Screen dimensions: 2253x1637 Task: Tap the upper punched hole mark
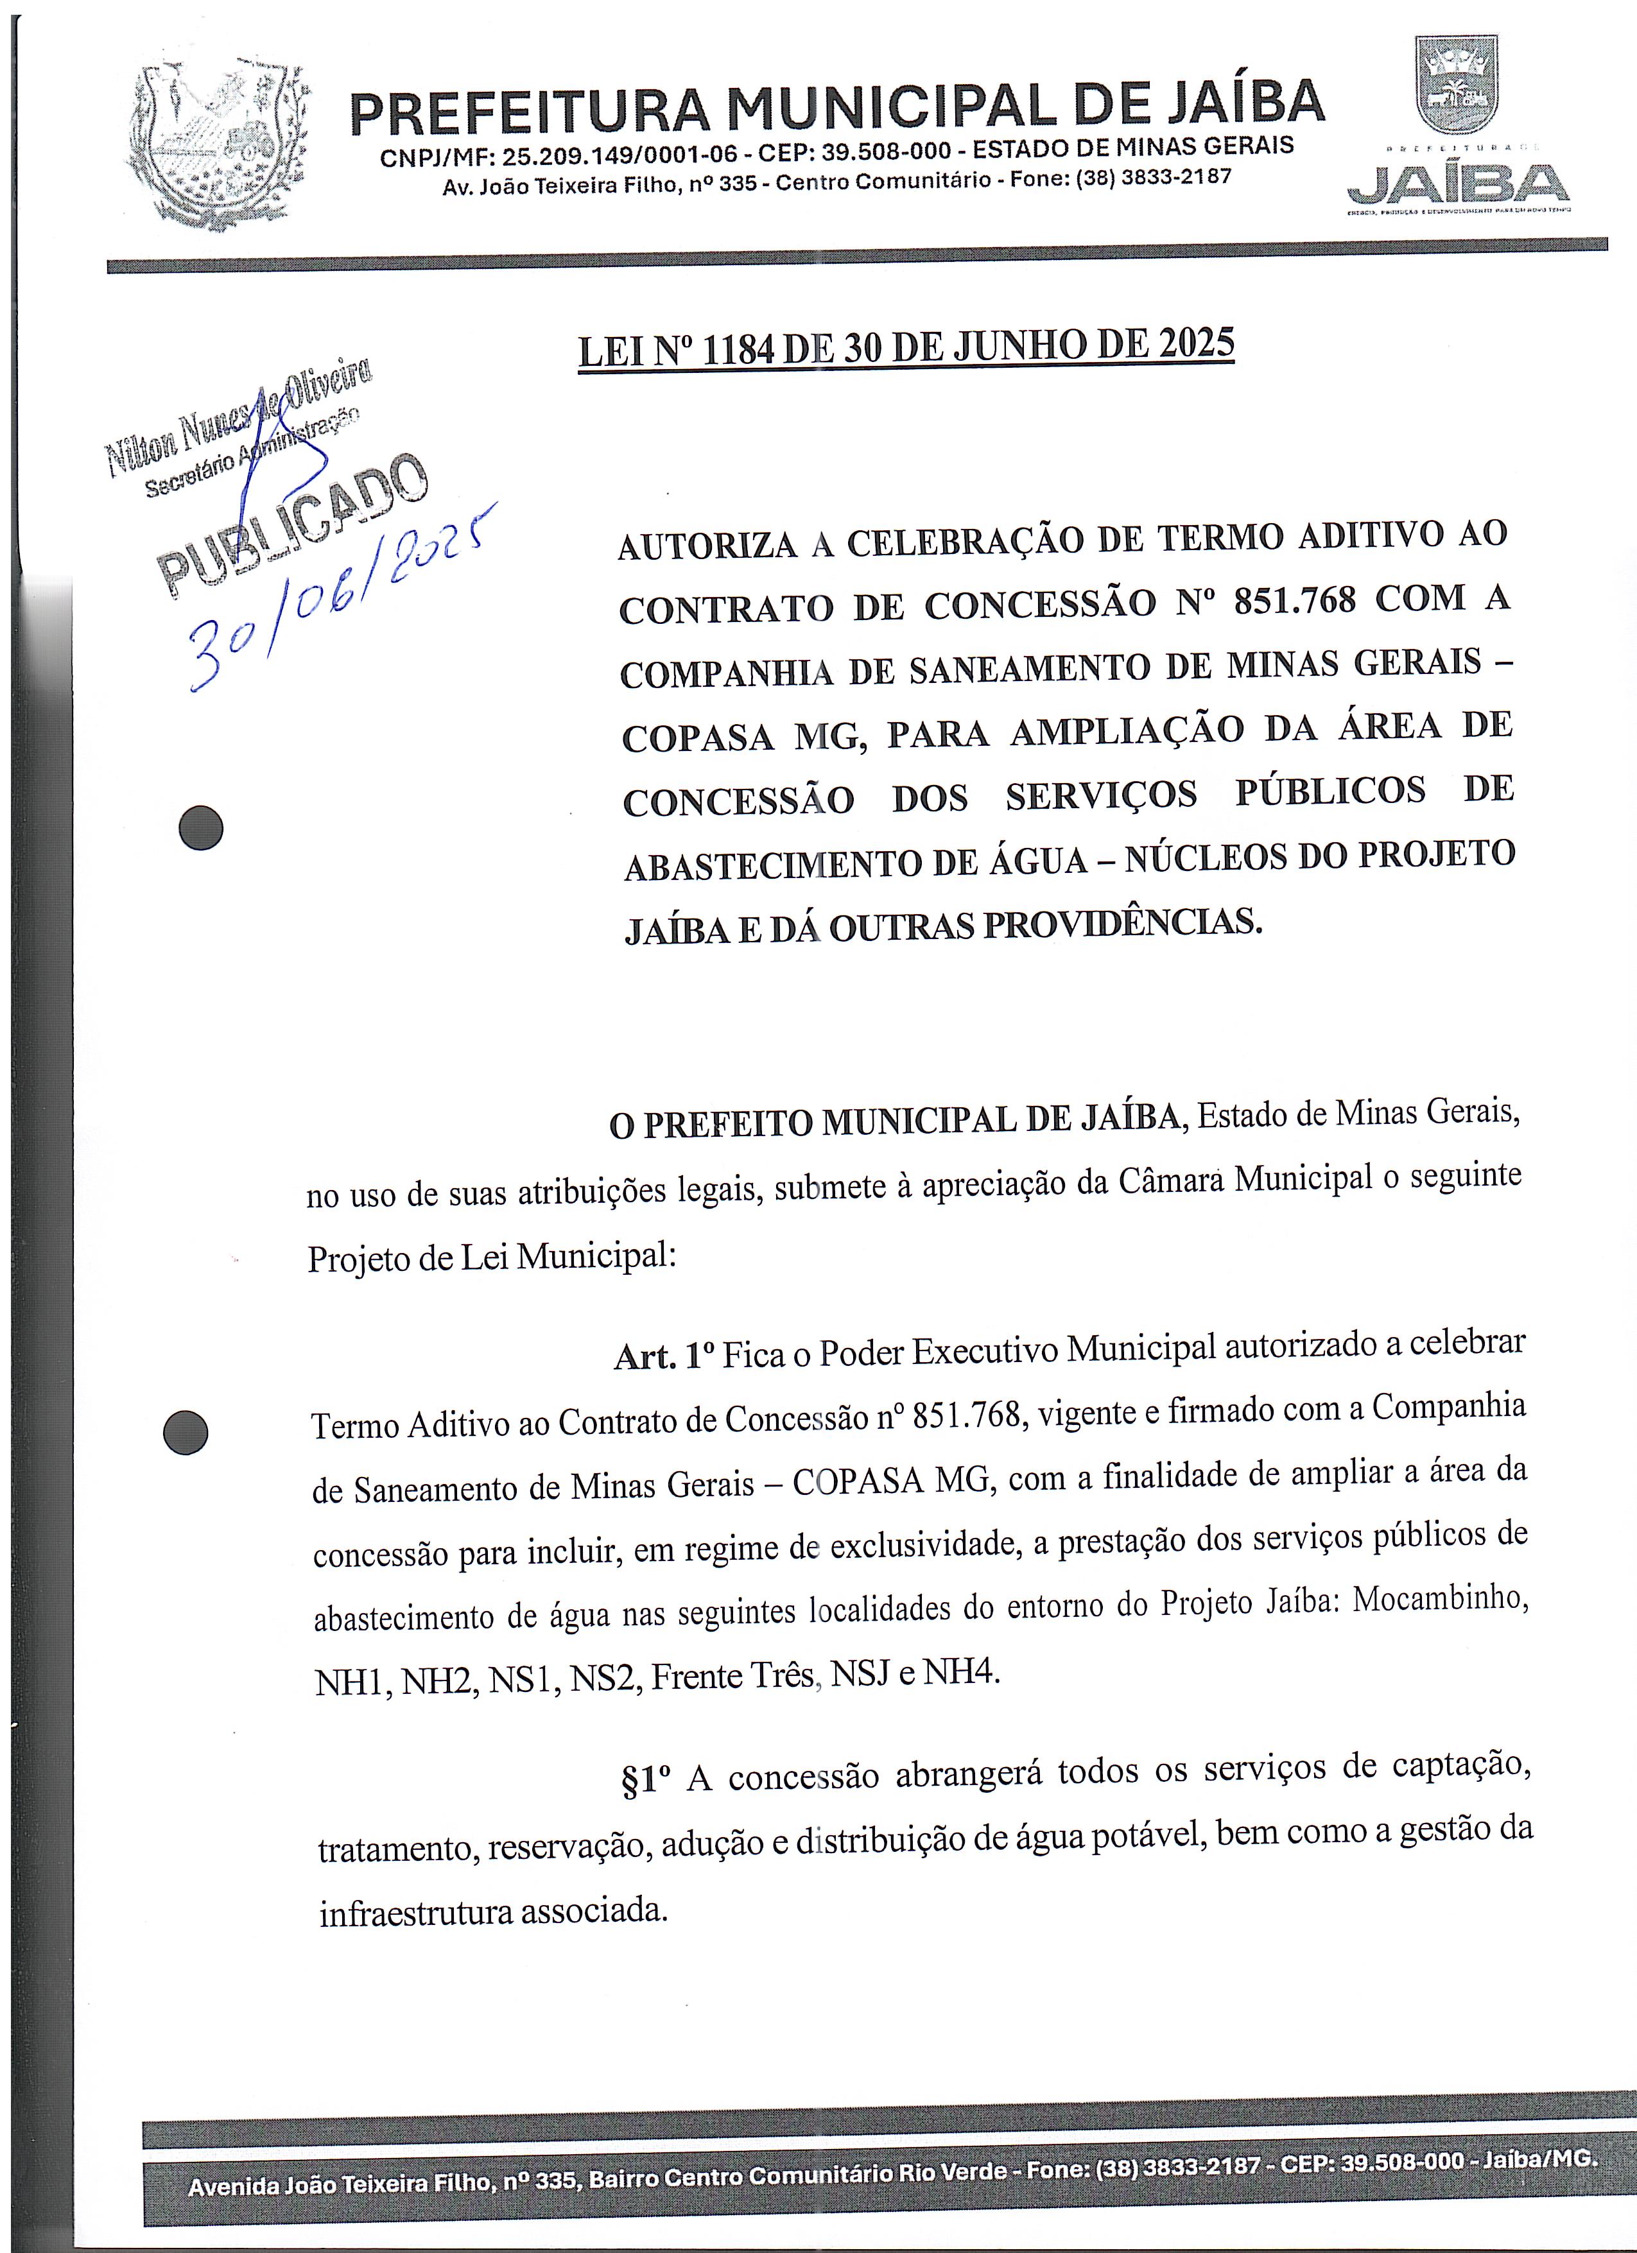coord(201,827)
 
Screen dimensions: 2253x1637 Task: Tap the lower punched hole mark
coord(185,1433)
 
